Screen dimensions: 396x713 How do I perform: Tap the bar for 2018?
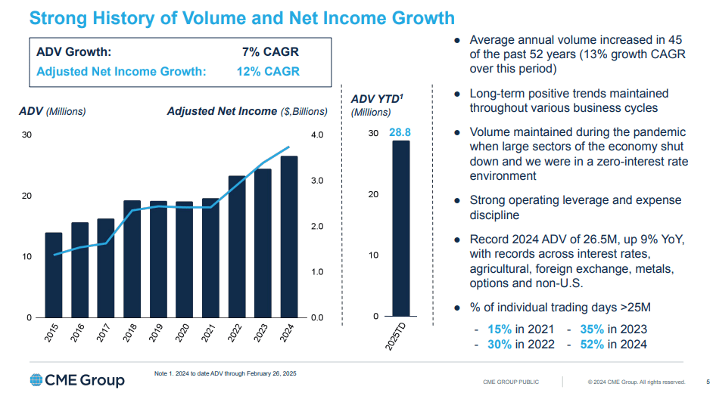point(132,258)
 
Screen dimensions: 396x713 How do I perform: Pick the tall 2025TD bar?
point(400,228)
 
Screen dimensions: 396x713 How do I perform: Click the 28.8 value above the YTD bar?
point(400,133)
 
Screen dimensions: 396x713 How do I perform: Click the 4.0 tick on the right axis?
point(316,135)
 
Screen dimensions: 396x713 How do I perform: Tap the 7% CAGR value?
point(270,52)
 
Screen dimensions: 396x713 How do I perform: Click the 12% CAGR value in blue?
point(267,72)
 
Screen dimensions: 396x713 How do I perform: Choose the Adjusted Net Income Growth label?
point(121,72)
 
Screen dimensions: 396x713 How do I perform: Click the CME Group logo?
point(77,379)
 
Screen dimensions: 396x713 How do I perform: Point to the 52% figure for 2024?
point(592,344)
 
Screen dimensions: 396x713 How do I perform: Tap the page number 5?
point(707,382)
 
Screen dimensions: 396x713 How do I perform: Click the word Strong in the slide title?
point(61,18)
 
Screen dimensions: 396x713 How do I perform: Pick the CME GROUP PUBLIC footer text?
point(511,382)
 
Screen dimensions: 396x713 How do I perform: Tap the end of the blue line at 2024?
point(288,147)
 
